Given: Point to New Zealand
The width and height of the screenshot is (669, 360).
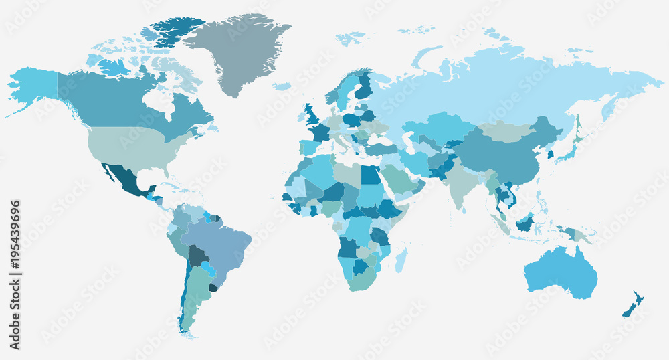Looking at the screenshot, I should click(632, 304).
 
